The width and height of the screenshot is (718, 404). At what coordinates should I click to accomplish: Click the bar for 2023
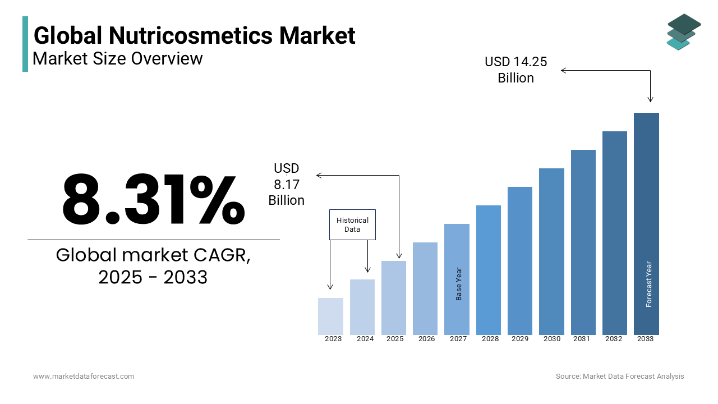[330, 316]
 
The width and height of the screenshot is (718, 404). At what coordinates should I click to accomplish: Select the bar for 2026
[425, 288]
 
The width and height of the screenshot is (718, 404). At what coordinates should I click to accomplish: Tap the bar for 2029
[520, 261]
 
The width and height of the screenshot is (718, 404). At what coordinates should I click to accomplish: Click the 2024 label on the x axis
[365, 339]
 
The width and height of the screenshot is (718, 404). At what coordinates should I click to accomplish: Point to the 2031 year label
[581, 339]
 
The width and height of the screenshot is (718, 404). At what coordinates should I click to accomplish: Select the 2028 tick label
[490, 339]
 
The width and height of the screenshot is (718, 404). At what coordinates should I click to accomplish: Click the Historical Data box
[352, 225]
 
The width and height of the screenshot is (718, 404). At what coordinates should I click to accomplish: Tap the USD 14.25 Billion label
[516, 70]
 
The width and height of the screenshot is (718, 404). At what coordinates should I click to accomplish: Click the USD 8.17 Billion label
[287, 184]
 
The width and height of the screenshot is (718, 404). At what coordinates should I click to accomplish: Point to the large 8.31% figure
[153, 200]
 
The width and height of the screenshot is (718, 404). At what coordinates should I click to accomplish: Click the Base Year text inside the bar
[459, 284]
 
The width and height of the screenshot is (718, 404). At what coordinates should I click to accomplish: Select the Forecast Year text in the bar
[649, 284]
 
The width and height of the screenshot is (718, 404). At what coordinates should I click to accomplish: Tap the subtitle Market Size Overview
[118, 58]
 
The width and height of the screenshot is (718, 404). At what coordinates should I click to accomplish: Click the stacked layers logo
[683, 31]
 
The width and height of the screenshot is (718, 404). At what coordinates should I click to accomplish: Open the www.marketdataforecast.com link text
[84, 377]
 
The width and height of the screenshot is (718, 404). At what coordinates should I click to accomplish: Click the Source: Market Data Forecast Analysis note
[620, 377]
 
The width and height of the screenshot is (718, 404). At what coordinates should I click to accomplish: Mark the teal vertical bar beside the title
[25, 44]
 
